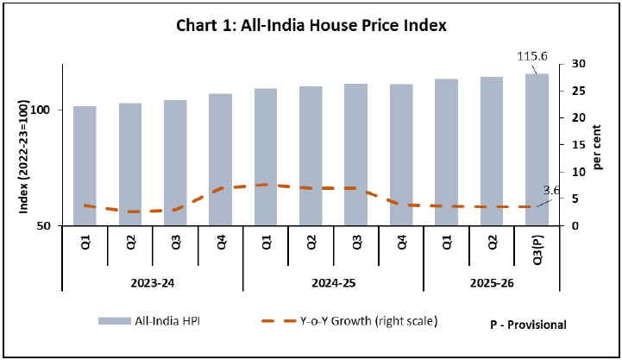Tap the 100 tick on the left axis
(47, 111)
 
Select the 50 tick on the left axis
(51, 226)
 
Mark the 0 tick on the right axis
(563, 226)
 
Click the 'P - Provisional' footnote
(526, 325)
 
